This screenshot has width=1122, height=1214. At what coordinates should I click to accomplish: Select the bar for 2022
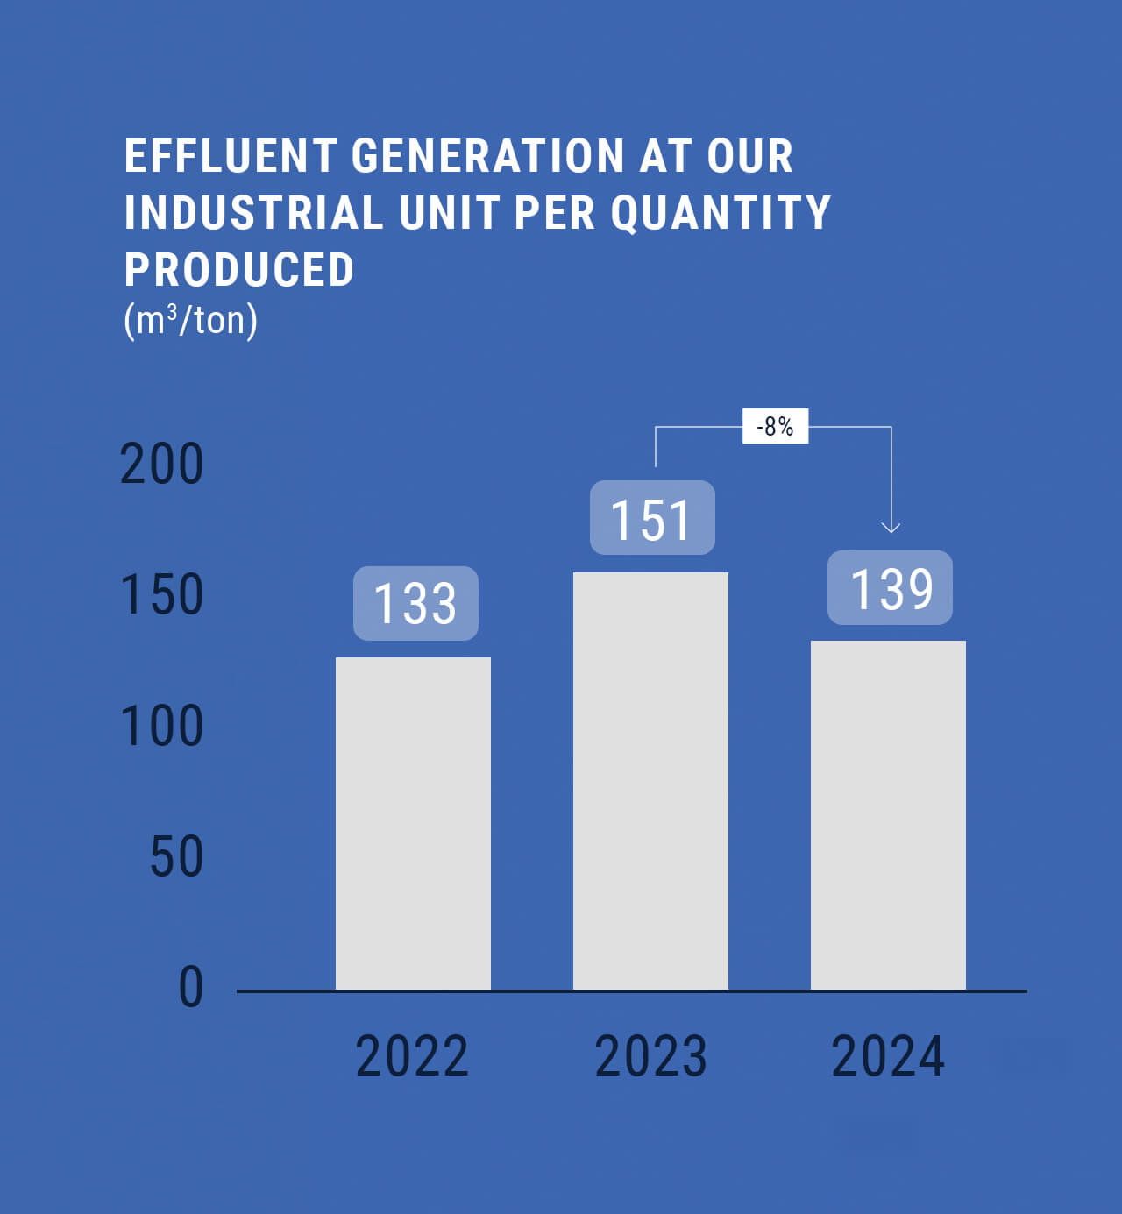click(413, 823)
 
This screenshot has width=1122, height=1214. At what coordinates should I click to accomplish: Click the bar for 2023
click(650, 780)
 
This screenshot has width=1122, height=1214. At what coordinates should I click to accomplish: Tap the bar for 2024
click(888, 814)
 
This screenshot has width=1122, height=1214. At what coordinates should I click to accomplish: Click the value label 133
click(415, 603)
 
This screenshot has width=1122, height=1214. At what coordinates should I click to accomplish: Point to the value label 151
click(652, 518)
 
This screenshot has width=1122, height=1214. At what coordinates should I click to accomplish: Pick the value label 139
click(890, 588)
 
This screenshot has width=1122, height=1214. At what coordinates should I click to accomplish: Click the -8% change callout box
click(775, 426)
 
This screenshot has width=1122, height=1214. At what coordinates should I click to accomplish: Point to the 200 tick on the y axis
click(162, 464)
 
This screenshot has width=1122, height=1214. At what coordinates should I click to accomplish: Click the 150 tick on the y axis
click(162, 595)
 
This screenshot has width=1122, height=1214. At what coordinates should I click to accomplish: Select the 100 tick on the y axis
click(162, 726)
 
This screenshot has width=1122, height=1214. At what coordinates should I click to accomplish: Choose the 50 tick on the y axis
click(176, 856)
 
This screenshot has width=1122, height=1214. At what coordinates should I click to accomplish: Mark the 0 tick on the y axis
click(191, 987)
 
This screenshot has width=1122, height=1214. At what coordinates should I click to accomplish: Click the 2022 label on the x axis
click(412, 1056)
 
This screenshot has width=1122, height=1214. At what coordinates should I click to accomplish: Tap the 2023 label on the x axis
click(650, 1056)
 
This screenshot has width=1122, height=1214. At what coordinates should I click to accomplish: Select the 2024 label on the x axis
click(888, 1056)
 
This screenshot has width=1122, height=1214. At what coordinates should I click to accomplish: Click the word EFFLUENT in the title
click(231, 156)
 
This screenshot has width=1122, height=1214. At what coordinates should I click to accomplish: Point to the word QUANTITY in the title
click(721, 213)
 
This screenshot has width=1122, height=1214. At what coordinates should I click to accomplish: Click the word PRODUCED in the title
click(239, 269)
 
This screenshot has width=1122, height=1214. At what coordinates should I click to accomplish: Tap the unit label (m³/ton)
click(191, 320)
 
